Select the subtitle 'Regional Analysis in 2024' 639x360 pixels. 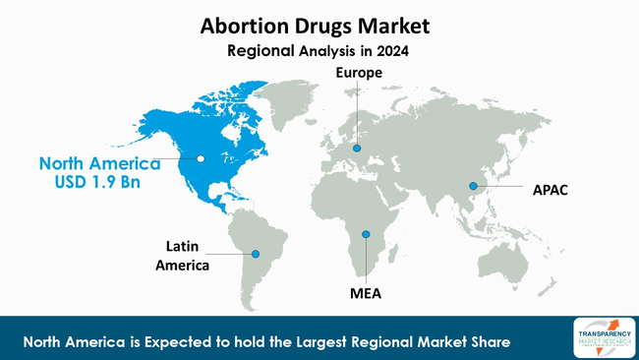319,49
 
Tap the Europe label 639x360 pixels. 358,73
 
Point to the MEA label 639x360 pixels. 366,292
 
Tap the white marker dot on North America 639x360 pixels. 201,158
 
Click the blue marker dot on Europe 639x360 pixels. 358,149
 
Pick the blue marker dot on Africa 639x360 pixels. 366,234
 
